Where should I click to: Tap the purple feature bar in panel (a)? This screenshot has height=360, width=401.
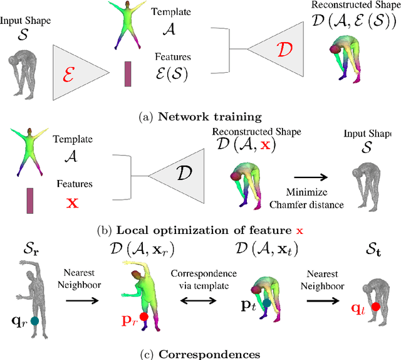click(x=128, y=73)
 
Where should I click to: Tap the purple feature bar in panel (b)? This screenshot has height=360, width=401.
click(x=30, y=200)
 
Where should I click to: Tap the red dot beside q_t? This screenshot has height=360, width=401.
click(x=375, y=307)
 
